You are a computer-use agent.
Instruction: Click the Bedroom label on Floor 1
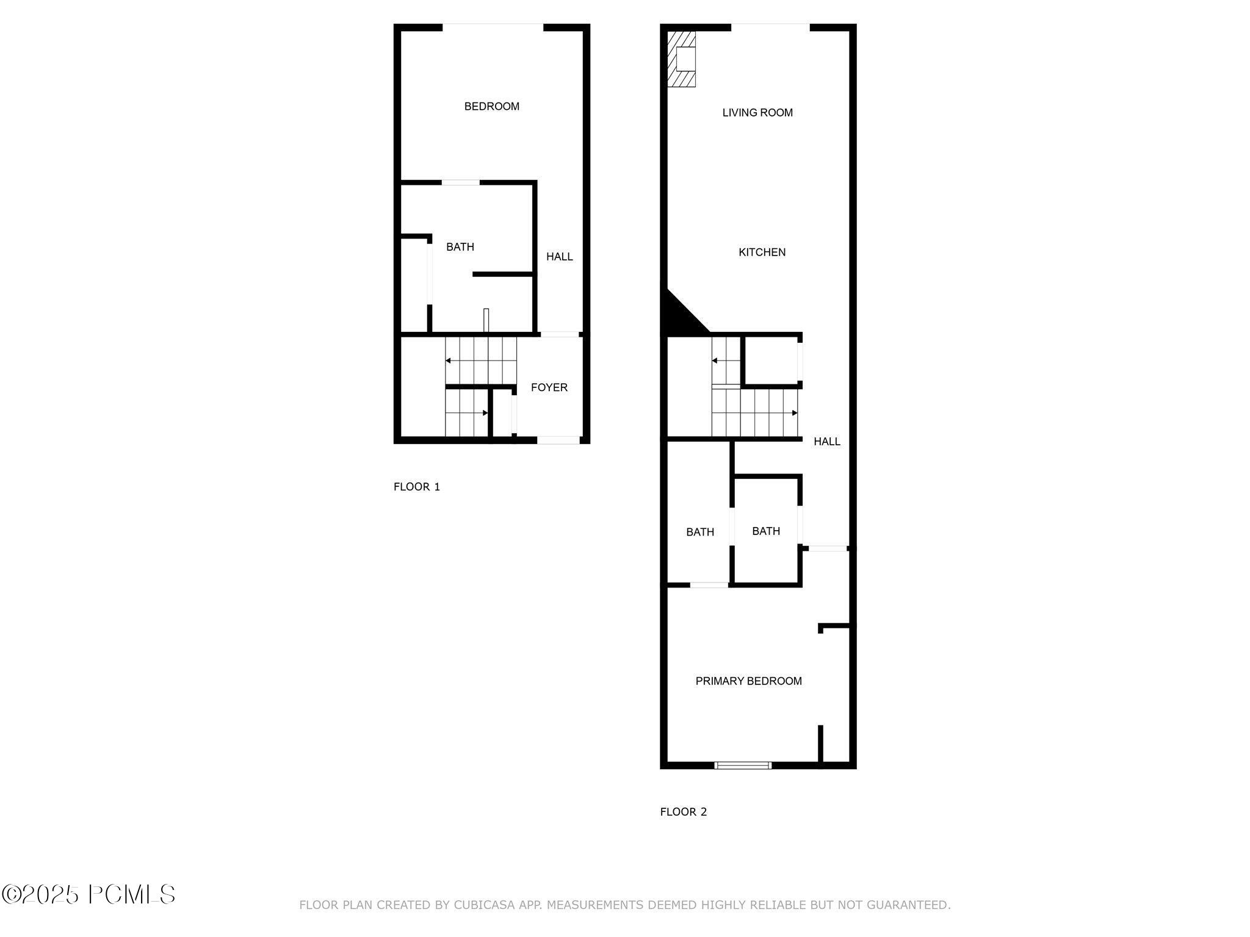(x=491, y=107)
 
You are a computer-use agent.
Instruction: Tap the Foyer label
(x=549, y=387)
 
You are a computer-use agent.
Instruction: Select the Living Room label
(x=757, y=113)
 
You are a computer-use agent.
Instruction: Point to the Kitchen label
(x=762, y=252)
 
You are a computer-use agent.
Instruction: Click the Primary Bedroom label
(x=748, y=681)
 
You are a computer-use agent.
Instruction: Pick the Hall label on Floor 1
(x=559, y=257)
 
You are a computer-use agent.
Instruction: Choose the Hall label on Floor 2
(x=826, y=442)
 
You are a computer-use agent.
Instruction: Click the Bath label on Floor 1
(x=460, y=247)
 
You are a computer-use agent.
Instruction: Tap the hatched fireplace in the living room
(x=681, y=59)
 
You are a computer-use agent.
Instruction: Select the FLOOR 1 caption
(x=416, y=487)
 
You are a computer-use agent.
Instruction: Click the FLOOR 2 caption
(x=683, y=812)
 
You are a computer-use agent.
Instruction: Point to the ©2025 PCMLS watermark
(x=89, y=895)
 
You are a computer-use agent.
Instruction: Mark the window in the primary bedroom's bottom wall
(x=743, y=765)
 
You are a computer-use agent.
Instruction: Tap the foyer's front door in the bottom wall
(x=558, y=440)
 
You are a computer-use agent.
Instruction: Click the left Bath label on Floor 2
(x=699, y=532)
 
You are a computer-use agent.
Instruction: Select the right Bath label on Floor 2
(x=765, y=531)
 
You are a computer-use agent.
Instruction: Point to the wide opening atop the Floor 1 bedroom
(x=493, y=26)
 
